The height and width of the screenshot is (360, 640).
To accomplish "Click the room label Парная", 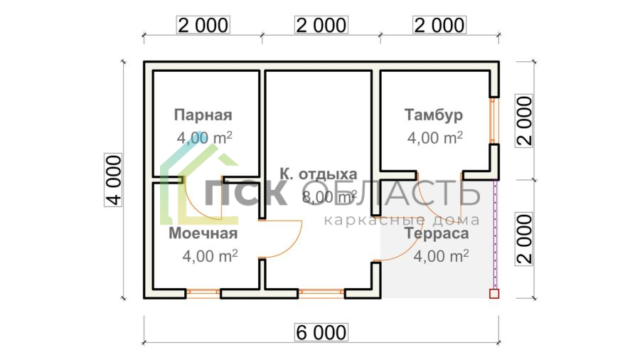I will (203, 115).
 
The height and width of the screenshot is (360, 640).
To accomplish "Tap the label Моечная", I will (203, 233).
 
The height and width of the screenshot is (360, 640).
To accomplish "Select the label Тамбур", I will (434, 115).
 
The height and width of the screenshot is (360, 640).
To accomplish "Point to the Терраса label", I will (437, 233).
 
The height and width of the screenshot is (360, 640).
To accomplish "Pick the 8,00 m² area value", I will (330, 197).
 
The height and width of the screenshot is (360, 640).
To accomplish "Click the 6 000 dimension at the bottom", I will (320, 332).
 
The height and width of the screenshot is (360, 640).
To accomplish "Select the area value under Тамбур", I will (434, 138).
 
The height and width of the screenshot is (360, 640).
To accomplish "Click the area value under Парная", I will (204, 138).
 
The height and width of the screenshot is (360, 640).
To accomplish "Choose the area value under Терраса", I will (440, 256).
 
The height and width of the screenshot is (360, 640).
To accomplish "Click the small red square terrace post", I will (494, 293).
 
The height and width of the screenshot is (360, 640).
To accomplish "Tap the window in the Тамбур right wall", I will (492, 120).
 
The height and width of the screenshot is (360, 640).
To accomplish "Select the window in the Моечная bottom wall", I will (203, 292).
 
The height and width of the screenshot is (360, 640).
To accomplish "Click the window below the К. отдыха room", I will (321, 292).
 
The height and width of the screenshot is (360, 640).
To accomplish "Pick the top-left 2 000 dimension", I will (203, 26).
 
